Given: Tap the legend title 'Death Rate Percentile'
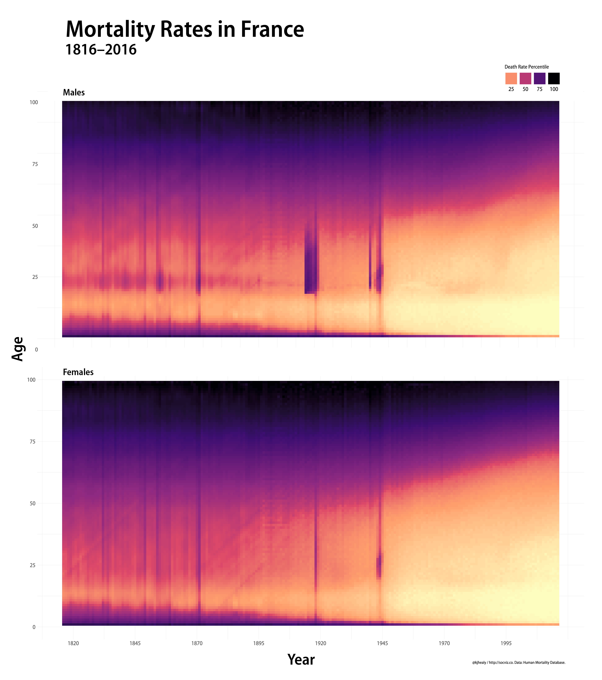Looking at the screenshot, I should tap(527, 67).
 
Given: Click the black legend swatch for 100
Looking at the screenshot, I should tap(554, 79).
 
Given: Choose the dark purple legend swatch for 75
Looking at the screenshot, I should tap(540, 79).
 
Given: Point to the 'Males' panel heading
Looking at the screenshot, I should tap(74, 93).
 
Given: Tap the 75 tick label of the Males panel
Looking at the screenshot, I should tap(35, 164).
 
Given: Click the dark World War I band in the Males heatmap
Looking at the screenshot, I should tap(311, 266).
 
